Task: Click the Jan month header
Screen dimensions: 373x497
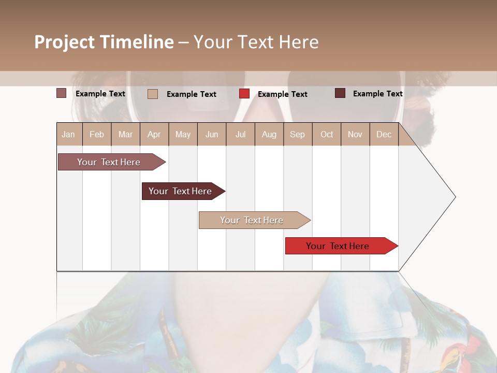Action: pyautogui.click(x=69, y=134)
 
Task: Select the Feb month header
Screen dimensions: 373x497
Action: pyautogui.click(x=97, y=134)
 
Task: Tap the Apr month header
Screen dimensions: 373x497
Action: pyautogui.click(x=154, y=134)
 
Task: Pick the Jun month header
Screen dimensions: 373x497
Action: pyautogui.click(x=212, y=134)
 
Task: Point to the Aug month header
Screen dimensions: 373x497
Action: pyautogui.click(x=269, y=134)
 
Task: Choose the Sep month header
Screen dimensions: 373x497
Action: pyautogui.click(x=298, y=134)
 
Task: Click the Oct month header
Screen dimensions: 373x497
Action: pyautogui.click(x=327, y=134)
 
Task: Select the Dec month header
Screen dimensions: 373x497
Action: pyautogui.click(x=384, y=134)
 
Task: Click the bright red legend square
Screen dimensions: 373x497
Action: pyautogui.click(x=244, y=94)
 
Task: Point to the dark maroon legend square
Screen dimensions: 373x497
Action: pyautogui.click(x=340, y=93)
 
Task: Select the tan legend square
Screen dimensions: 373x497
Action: pyautogui.click(x=153, y=94)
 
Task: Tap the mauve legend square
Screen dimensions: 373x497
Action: pyautogui.click(x=62, y=93)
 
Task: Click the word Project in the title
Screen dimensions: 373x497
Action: pyautogui.click(x=64, y=42)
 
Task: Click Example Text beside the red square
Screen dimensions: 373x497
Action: pyautogui.click(x=283, y=94)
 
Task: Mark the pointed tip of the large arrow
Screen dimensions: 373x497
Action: pyautogui.click(x=455, y=197)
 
